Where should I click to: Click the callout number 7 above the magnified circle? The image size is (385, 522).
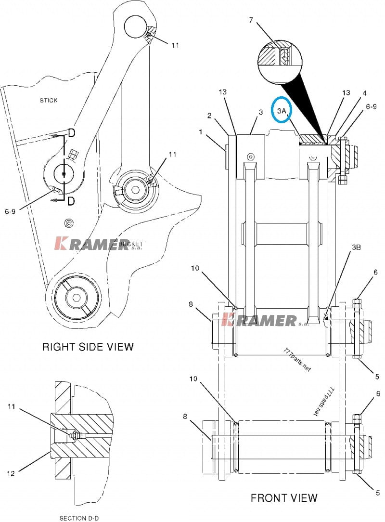click(251, 20)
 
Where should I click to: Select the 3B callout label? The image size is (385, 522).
click(357, 248)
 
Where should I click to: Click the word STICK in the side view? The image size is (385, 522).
click(49, 100)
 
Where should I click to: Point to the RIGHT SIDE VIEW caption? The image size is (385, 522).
click(88, 347)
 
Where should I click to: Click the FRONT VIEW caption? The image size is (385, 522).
click(284, 498)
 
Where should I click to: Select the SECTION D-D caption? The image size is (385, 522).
click(79, 518)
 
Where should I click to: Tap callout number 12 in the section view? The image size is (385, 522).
click(11, 473)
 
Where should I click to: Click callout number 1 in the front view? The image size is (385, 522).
click(201, 132)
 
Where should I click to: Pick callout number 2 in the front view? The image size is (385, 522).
click(209, 116)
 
